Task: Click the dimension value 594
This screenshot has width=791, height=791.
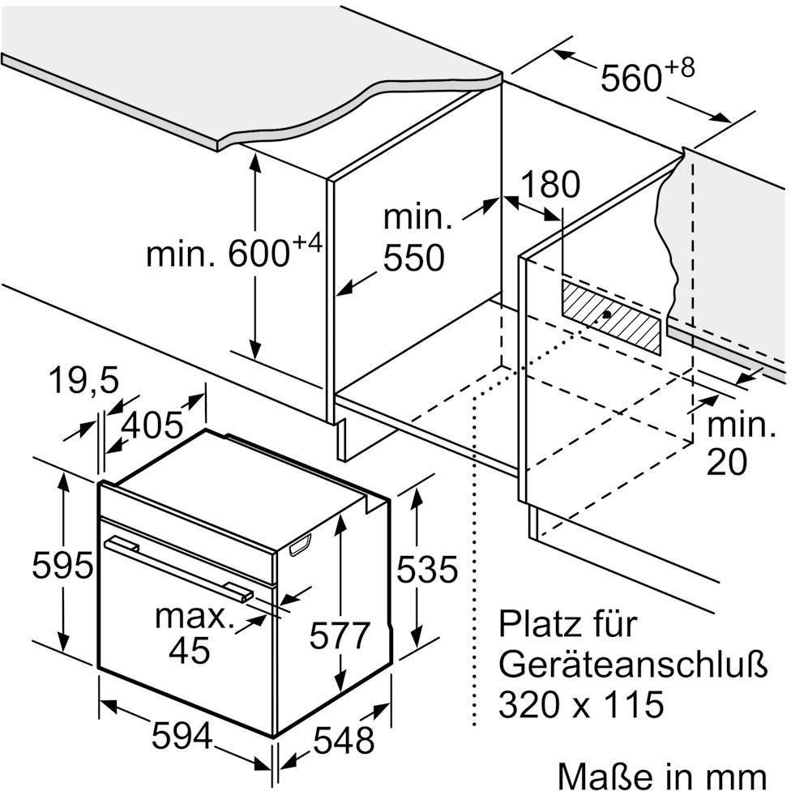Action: (x=182, y=737)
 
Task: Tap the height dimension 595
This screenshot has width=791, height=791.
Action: (x=62, y=565)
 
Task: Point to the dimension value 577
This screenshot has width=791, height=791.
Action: (x=340, y=635)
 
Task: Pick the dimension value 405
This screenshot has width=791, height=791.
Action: (x=153, y=424)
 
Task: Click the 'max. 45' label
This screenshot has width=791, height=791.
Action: (x=192, y=633)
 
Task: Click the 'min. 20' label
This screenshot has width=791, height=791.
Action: (x=738, y=443)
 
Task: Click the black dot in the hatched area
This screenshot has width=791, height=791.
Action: (x=607, y=314)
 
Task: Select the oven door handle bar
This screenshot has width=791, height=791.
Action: (x=178, y=566)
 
